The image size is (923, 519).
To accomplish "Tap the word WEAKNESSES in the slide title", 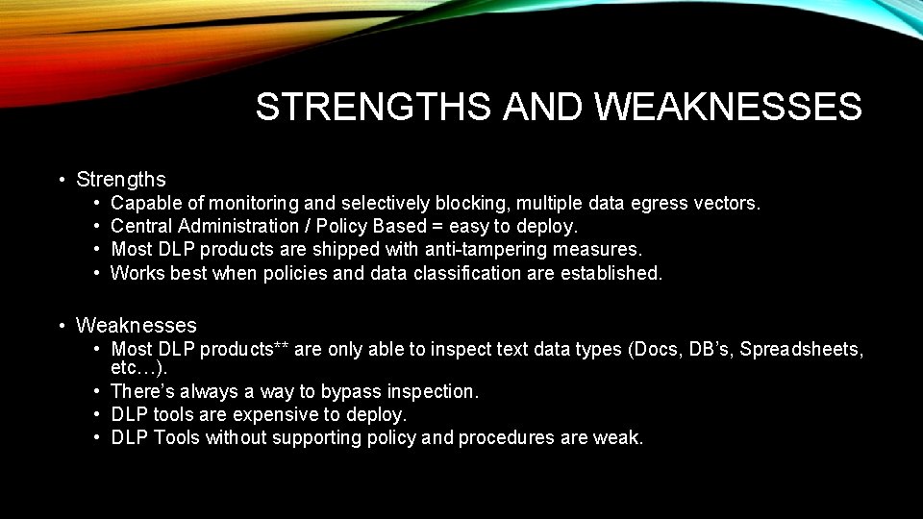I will click(729, 108).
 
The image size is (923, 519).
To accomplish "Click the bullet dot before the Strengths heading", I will click(61, 180).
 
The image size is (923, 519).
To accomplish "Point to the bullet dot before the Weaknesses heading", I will click(61, 326).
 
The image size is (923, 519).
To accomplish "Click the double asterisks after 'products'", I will click(281, 349).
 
